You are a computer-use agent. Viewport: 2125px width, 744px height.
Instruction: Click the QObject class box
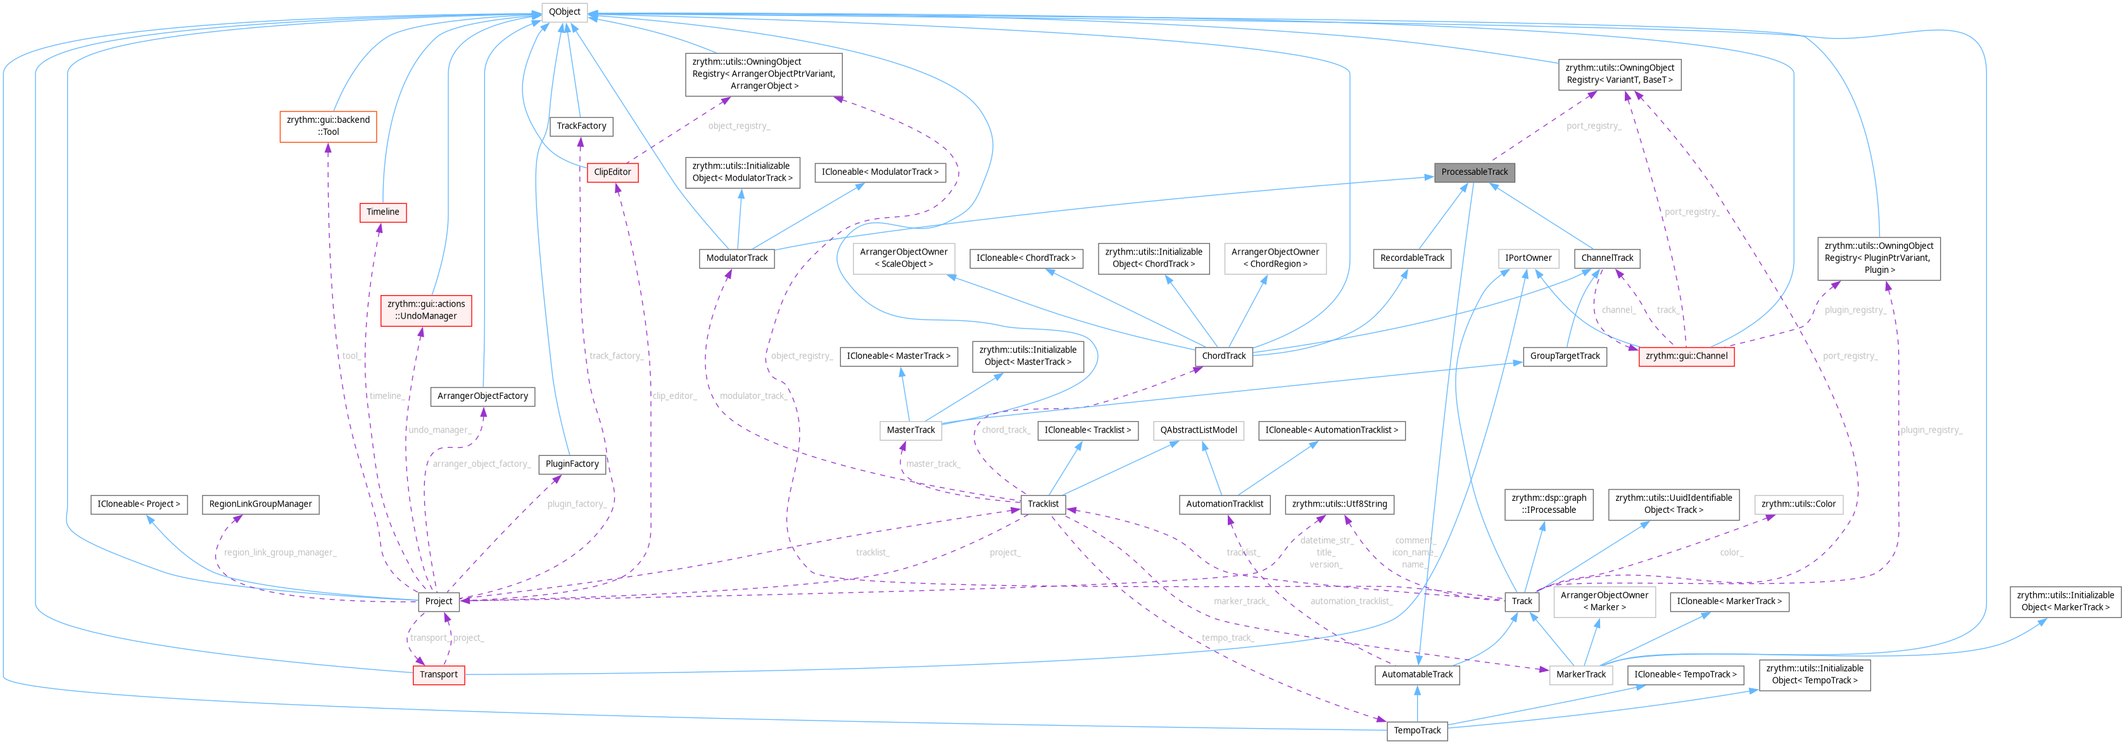click(x=564, y=11)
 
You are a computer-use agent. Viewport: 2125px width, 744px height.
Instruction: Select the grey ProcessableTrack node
click(x=1474, y=172)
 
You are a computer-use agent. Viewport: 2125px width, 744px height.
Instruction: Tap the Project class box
click(x=438, y=602)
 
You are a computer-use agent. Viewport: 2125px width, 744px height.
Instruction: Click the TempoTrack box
click(x=1416, y=731)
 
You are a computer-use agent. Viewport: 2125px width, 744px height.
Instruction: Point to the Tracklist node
click(x=1043, y=504)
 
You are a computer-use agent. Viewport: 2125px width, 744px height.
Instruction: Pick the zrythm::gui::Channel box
click(x=1686, y=356)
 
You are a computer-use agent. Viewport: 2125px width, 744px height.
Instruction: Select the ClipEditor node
click(x=612, y=172)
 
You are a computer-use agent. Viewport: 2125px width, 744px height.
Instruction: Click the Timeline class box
click(x=382, y=212)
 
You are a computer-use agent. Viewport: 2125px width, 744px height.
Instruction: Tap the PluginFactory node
click(x=572, y=463)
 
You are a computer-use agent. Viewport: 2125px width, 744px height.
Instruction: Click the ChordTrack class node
click(x=1223, y=356)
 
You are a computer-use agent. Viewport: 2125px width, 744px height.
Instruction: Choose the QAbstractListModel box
click(x=1198, y=430)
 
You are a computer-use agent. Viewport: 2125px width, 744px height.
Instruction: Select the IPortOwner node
click(x=1528, y=258)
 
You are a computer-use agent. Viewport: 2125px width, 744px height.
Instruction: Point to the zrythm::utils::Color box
click(x=1798, y=504)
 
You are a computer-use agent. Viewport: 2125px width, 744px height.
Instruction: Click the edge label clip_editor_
click(x=674, y=396)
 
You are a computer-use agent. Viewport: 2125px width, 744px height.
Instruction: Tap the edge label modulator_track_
click(x=752, y=396)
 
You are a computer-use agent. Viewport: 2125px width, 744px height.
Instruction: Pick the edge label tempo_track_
click(x=1226, y=638)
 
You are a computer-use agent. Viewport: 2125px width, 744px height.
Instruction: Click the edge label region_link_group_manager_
click(x=281, y=553)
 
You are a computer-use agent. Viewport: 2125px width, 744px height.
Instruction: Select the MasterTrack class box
click(x=911, y=430)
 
